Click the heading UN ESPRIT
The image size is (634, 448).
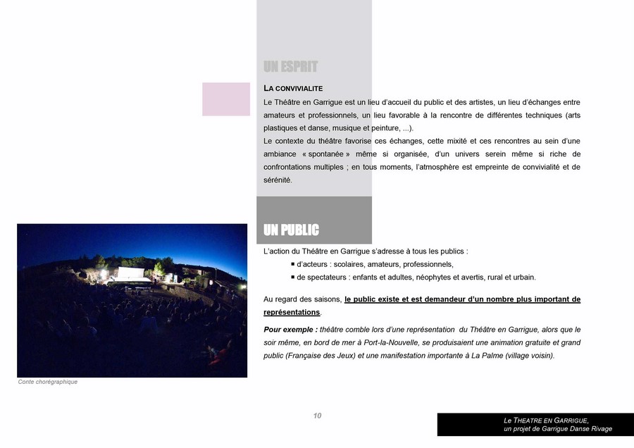(x=290, y=67)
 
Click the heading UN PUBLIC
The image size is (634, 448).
(x=291, y=230)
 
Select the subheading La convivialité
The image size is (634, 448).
(x=293, y=89)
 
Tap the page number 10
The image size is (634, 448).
(x=317, y=416)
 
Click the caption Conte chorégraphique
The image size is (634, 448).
(x=47, y=382)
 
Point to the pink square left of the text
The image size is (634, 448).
(x=226, y=99)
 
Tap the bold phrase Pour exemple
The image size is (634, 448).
(x=290, y=330)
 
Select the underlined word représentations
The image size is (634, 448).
(x=292, y=312)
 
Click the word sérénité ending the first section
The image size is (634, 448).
(x=278, y=180)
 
